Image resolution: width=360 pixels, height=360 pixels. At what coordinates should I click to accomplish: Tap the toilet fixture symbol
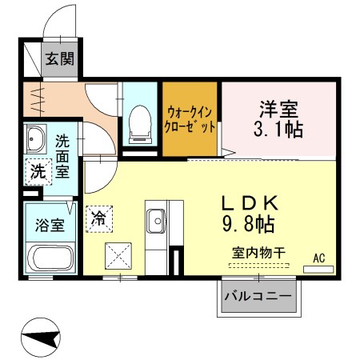(x=141, y=122)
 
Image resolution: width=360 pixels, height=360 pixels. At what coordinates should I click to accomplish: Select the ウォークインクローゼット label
(x=190, y=118)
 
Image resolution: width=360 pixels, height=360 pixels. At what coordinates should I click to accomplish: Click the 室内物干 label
(x=258, y=252)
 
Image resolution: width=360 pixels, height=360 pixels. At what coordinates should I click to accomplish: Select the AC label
(x=318, y=258)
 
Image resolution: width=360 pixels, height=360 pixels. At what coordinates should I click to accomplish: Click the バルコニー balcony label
(x=258, y=297)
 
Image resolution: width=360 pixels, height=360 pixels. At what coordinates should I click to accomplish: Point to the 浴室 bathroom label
(x=47, y=225)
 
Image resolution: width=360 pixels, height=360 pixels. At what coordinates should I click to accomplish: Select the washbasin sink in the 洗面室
(x=36, y=141)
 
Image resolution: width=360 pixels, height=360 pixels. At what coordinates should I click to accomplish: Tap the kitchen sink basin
(x=156, y=217)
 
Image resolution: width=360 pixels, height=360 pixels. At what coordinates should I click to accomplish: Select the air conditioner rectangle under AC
(x=318, y=269)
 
